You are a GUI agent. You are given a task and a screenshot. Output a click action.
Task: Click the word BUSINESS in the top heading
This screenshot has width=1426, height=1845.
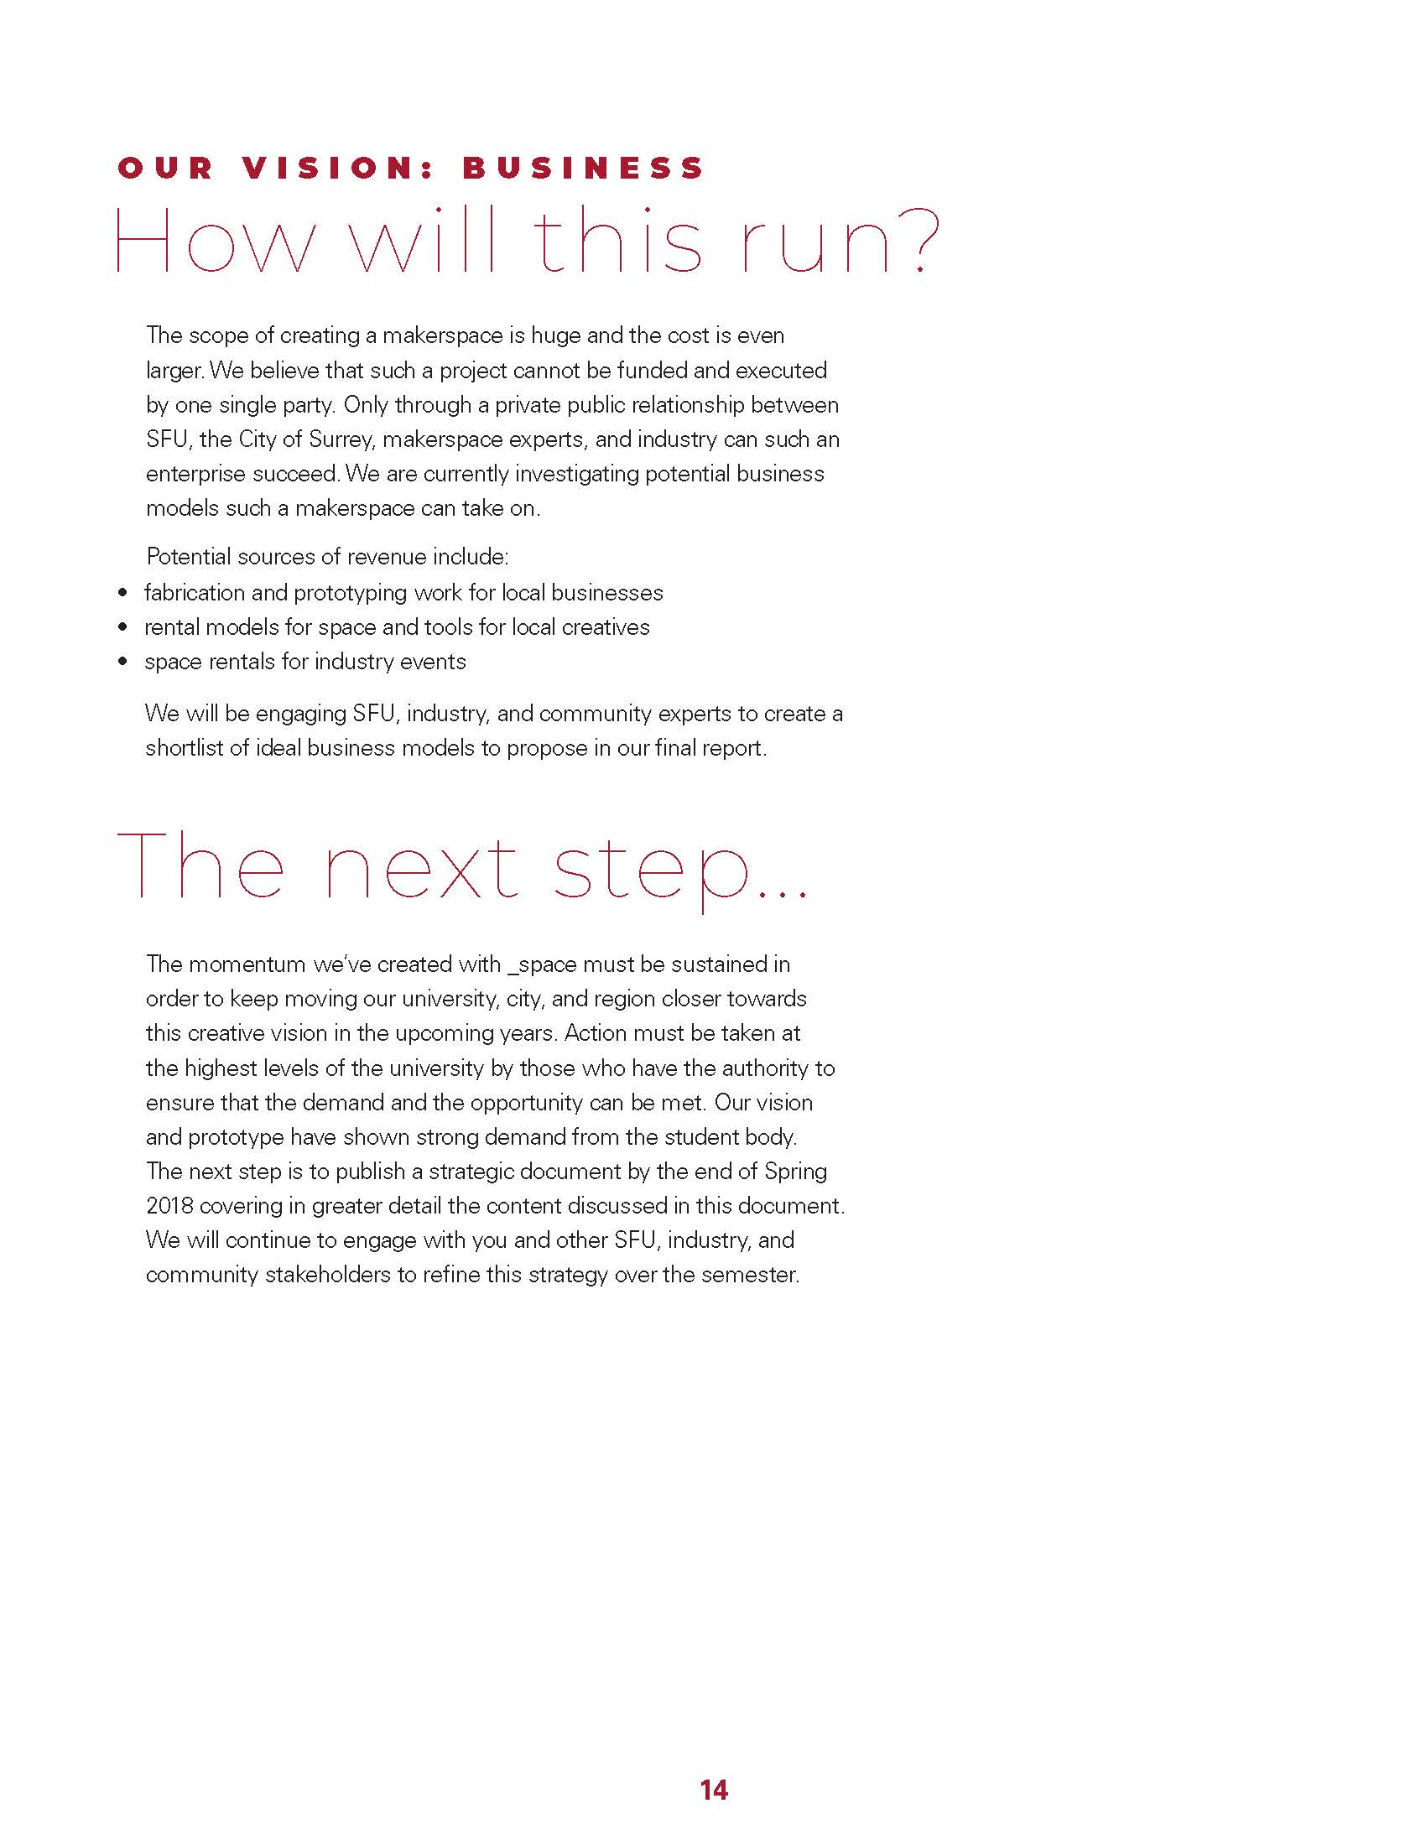pyautogui.click(x=583, y=168)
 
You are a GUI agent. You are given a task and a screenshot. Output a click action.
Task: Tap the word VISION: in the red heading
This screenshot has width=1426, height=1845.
pyautogui.click(x=337, y=168)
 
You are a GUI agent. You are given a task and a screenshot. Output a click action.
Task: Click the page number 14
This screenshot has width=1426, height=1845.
pyautogui.click(x=714, y=1790)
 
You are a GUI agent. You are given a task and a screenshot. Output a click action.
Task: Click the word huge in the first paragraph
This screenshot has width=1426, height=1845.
pyautogui.click(x=555, y=335)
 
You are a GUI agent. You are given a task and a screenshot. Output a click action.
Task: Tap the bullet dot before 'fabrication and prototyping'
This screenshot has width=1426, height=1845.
pyautogui.click(x=123, y=593)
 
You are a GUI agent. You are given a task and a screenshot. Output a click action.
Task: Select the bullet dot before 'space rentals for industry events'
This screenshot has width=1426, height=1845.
pyautogui.click(x=123, y=662)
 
